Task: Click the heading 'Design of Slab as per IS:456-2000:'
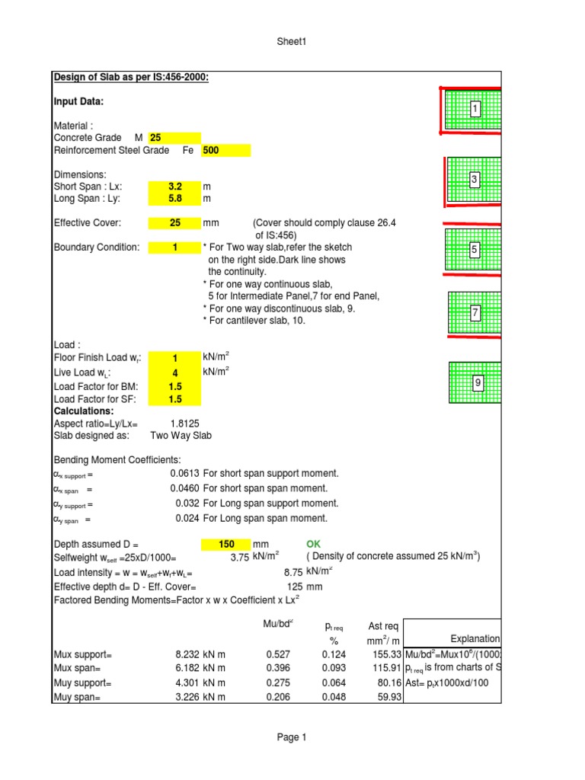(x=131, y=78)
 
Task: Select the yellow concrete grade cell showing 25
(x=174, y=138)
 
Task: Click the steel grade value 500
(x=225, y=151)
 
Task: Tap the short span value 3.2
(x=174, y=187)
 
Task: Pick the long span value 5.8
(x=174, y=199)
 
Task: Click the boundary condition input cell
(x=174, y=248)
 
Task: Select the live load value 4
(x=174, y=373)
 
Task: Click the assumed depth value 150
(x=226, y=545)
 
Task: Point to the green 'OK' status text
(x=314, y=545)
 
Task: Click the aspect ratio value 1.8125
(x=185, y=424)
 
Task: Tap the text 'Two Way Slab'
(x=181, y=436)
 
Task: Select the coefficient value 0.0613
(x=185, y=473)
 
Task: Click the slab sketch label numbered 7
(x=475, y=313)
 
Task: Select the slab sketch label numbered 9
(x=478, y=383)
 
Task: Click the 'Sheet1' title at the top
(x=292, y=43)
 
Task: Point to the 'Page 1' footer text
(x=292, y=737)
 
